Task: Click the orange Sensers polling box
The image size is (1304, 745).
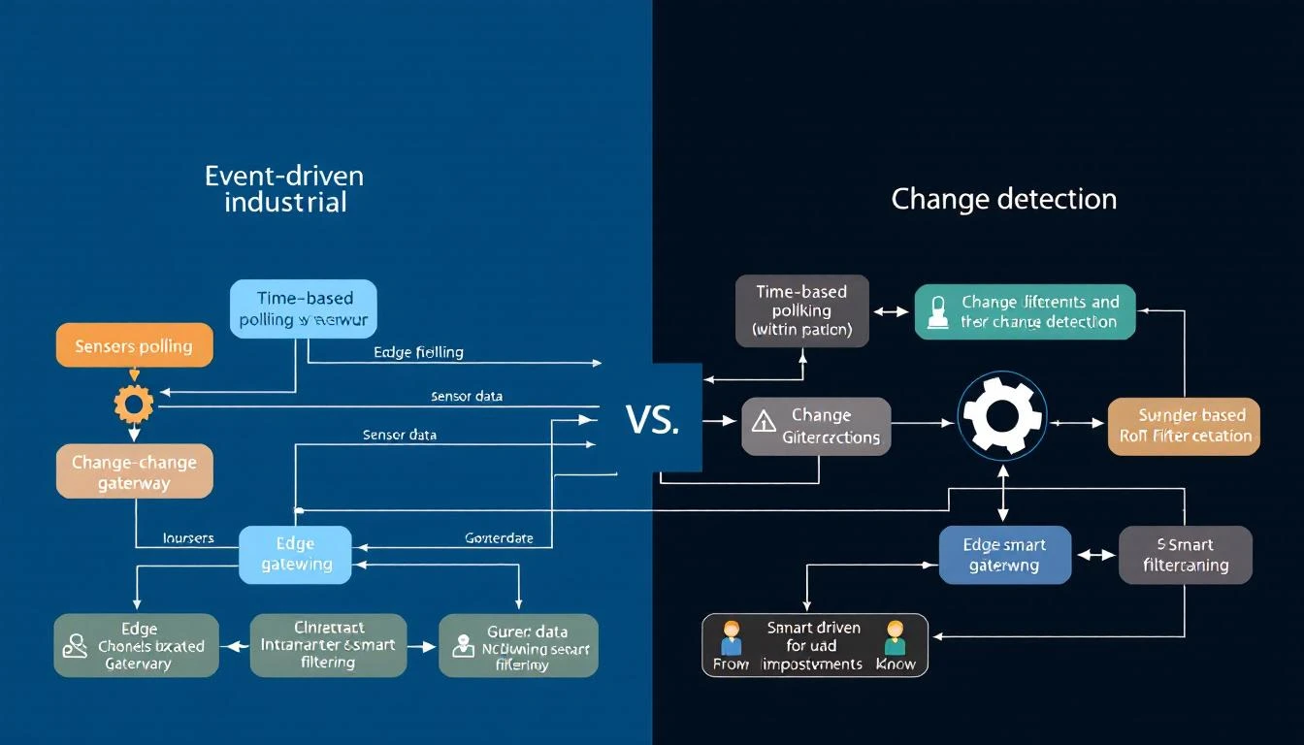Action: [134, 345]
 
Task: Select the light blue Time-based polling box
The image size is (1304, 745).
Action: [304, 309]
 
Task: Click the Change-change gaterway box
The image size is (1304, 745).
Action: [134, 471]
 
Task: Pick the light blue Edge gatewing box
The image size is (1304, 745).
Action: [296, 554]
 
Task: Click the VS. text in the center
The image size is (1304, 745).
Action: [653, 419]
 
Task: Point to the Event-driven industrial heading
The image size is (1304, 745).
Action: [284, 188]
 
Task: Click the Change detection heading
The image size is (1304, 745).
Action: [1003, 199]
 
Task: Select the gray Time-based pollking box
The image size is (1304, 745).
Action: [801, 310]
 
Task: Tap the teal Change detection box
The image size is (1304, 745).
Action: [1025, 311]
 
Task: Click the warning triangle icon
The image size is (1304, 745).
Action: [765, 421]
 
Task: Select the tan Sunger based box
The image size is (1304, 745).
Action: [1185, 426]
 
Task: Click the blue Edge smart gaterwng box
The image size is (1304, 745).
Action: [1004, 555]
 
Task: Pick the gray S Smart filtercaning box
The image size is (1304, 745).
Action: [1185, 555]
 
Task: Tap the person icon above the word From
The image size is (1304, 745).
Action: [731, 636]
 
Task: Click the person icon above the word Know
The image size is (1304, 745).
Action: [895, 636]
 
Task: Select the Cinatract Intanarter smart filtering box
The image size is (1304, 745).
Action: [327, 644]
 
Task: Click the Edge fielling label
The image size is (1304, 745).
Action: [418, 352]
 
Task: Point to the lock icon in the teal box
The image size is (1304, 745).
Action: [937, 311]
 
